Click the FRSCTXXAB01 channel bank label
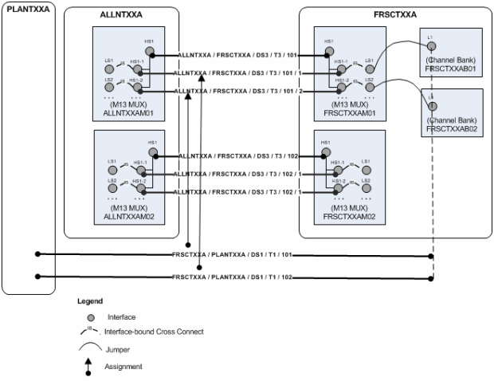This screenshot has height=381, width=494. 450,69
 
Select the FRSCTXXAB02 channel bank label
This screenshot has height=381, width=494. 450,128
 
